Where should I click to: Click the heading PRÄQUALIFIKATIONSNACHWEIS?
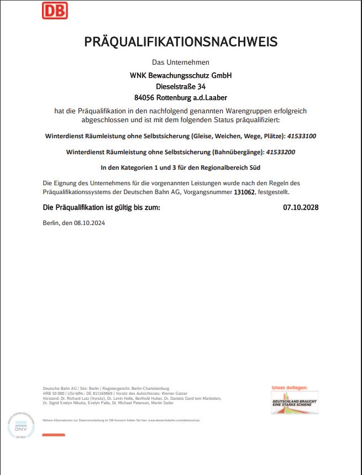[x=181, y=41]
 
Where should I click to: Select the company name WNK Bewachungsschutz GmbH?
[x=180, y=75]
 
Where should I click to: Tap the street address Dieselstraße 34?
[x=181, y=86]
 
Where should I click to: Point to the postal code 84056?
[x=145, y=97]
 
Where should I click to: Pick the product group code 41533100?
[x=302, y=135]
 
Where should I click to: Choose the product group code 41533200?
[x=281, y=152]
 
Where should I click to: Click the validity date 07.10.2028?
[x=301, y=207]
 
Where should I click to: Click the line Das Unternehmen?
[x=181, y=62]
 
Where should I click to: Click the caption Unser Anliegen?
[x=289, y=388]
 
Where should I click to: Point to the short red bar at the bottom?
[x=54, y=435]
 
